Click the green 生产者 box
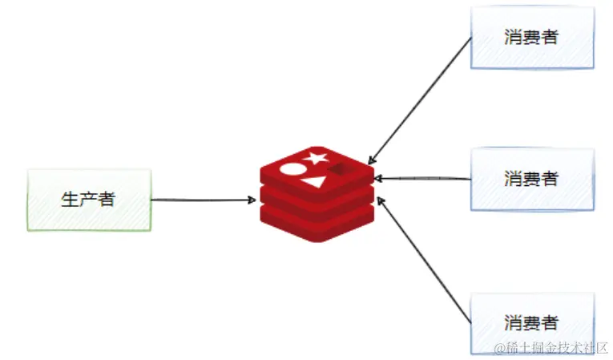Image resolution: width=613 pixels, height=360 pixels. point(89,200)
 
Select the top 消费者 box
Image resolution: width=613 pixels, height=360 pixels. point(532,37)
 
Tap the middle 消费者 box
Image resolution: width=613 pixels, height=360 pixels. point(532,179)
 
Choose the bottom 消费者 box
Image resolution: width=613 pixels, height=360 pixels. point(532,323)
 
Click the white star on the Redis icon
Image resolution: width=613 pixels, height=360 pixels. point(315,157)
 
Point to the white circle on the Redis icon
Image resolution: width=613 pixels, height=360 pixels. point(292,170)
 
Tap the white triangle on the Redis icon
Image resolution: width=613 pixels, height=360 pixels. point(314,182)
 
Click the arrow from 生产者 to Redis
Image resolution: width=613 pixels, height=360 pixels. point(200,200)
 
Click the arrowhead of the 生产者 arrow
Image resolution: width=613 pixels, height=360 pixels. point(252,200)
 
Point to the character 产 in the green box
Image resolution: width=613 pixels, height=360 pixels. point(88,200)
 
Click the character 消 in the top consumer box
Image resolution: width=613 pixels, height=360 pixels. point(514,37)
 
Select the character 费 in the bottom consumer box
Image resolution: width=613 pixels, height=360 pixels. point(532,323)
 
